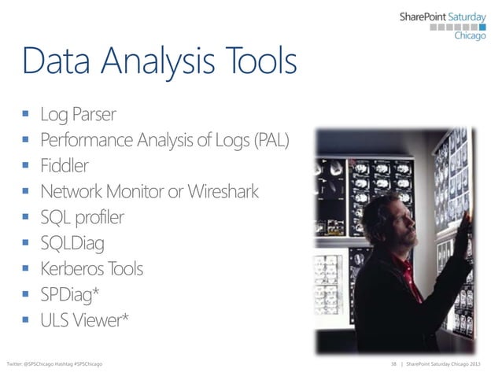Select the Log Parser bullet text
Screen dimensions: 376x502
79,115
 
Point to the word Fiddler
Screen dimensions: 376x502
65,166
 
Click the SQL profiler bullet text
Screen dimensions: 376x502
82,217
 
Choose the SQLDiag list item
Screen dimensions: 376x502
72,243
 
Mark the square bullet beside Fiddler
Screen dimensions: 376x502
26,167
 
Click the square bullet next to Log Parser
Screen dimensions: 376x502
26,116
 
